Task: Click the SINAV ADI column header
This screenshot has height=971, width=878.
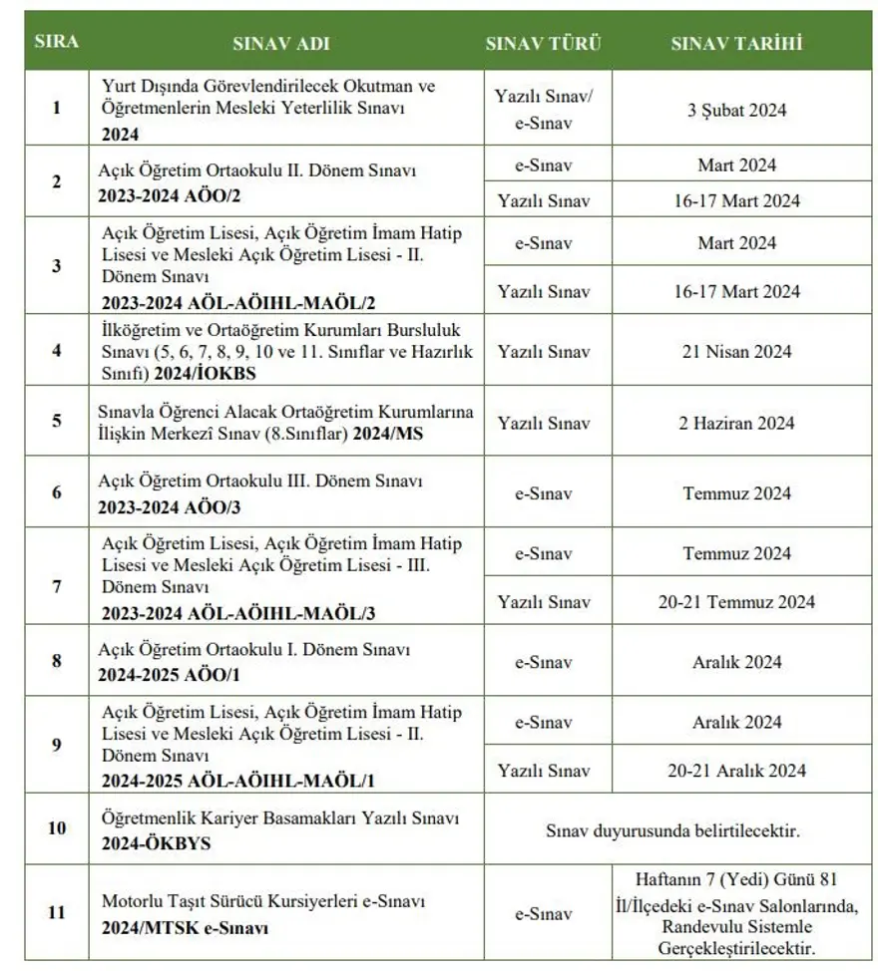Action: click(280, 44)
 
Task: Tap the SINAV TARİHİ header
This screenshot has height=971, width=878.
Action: click(736, 44)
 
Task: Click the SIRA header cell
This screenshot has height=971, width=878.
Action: click(56, 42)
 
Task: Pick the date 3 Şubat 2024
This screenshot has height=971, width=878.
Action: click(736, 110)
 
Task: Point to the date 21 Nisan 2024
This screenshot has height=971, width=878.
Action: click(736, 351)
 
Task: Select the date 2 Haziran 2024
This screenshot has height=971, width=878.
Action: click(736, 423)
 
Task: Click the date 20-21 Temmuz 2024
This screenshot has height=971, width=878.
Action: click(740, 601)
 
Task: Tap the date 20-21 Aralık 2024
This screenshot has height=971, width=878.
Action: click(736, 771)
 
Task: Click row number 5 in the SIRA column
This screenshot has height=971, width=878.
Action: click(56, 420)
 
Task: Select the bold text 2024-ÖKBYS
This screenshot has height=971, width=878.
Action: click(156, 842)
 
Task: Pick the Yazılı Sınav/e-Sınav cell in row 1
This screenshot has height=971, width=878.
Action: click(544, 110)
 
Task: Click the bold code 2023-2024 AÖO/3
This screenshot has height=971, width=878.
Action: click(169, 506)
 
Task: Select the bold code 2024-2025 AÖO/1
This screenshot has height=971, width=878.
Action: click(169, 675)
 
